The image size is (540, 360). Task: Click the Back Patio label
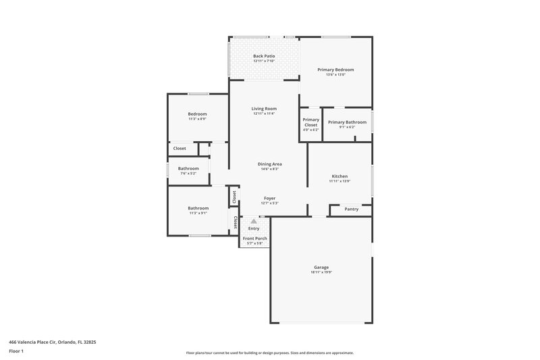[263, 56]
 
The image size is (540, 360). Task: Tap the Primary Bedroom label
[335, 70]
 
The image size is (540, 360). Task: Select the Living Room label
[264, 109]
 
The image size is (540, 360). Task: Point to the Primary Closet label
[310, 122]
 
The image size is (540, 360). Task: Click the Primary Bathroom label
[347, 122]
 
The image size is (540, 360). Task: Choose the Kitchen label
[340, 176]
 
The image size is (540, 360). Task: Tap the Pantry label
[351, 209]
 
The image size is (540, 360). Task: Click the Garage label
[321, 267]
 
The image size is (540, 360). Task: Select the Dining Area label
[269, 164]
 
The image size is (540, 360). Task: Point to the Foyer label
[269, 199]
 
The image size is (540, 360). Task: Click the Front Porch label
[254, 238]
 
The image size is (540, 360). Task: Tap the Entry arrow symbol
[254, 221]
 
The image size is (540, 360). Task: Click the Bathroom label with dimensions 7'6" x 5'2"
[188, 169]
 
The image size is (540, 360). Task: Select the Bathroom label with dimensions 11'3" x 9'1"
[198, 208]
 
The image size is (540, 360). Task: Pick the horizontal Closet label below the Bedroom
[180, 149]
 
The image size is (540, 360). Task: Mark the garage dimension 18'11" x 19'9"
[321, 272]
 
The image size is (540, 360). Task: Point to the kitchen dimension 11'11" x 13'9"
[340, 181]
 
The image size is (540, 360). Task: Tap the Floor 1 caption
[16, 351]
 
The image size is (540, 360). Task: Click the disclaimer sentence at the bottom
[269, 353]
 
